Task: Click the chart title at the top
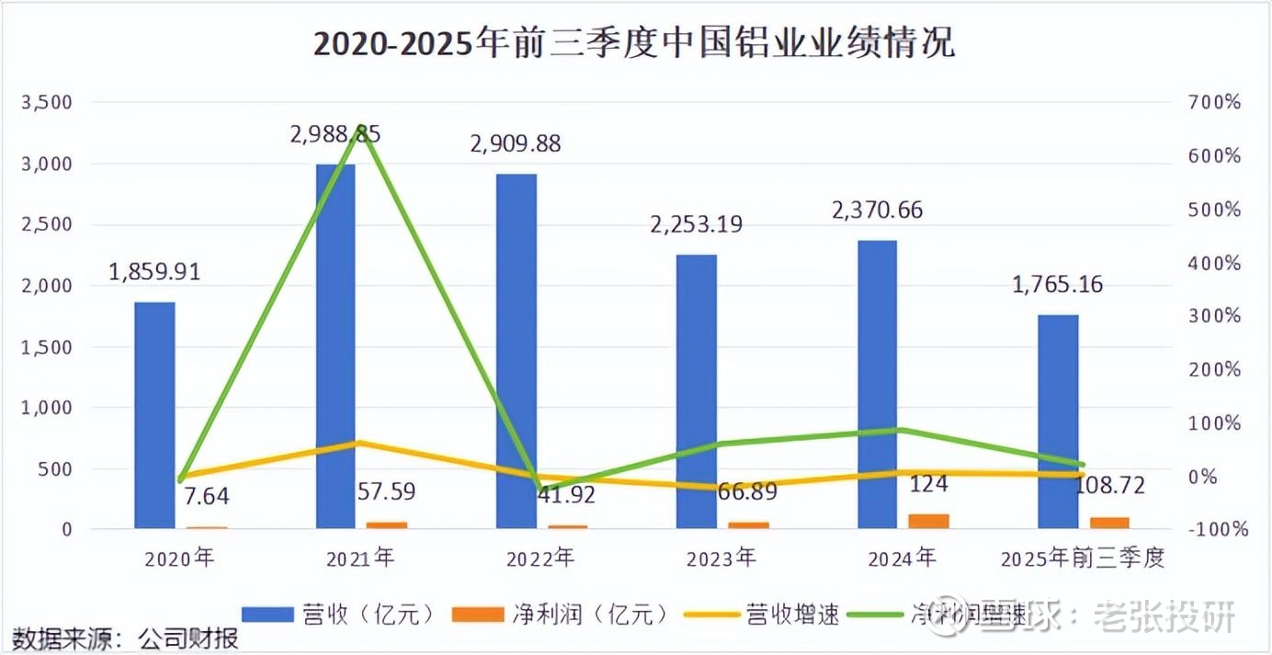(634, 43)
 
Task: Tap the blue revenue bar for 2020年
(154, 414)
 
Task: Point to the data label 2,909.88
(515, 144)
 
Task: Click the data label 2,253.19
(697, 224)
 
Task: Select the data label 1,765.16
(1057, 285)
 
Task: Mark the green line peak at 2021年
(361, 128)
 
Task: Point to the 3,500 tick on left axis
(46, 102)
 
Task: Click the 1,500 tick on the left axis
(46, 347)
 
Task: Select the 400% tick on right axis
(1215, 263)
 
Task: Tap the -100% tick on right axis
(1215, 530)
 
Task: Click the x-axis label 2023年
(721, 558)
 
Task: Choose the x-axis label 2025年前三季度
(1082, 558)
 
